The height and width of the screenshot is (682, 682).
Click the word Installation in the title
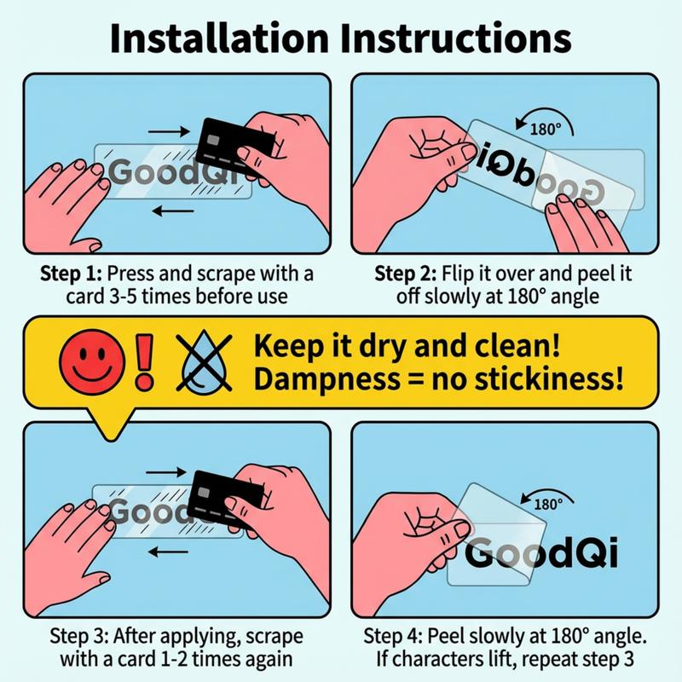click(219, 38)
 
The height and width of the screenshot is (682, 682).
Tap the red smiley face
click(92, 361)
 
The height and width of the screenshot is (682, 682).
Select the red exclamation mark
click(144, 361)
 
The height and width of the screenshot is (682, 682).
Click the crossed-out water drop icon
click(204, 361)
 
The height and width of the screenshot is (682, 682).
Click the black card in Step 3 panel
click(226, 495)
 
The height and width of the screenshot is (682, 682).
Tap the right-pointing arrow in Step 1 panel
click(169, 131)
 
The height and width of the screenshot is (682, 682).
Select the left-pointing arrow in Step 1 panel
click(173, 211)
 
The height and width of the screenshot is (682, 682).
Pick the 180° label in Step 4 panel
click(548, 504)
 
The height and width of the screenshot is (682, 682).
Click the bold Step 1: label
click(72, 274)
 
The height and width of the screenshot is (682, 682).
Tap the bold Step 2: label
click(406, 274)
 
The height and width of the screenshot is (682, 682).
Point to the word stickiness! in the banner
click(549, 379)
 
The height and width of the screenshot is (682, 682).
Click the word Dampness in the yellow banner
click(327, 379)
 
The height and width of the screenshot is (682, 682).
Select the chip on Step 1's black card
click(213, 140)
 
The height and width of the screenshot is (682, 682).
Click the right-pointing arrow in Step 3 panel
click(165, 472)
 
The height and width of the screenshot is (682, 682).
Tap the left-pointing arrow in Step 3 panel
click(168, 552)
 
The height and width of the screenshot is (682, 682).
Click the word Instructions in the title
click(456, 38)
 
